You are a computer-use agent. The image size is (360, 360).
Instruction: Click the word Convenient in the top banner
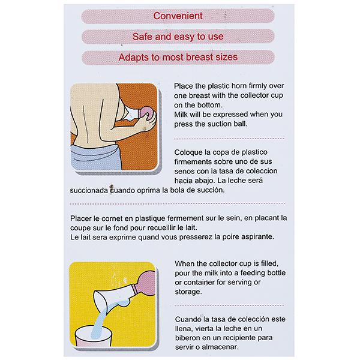[x=178, y=16]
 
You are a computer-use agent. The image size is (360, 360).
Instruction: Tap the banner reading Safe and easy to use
[x=178, y=37]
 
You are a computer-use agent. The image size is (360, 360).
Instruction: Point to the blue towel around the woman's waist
[x=97, y=157]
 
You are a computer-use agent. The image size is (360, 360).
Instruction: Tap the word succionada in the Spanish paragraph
[x=89, y=190]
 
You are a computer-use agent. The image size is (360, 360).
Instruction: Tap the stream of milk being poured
[x=101, y=321]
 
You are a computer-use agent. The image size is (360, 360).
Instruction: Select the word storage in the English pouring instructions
[x=188, y=292]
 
